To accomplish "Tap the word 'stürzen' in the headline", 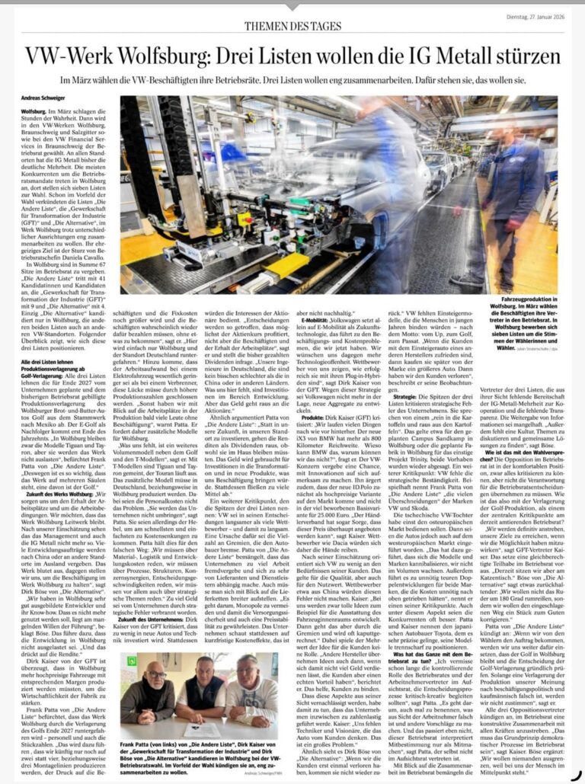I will (x=525, y=57).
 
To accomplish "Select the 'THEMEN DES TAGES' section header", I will (x=294, y=26).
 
